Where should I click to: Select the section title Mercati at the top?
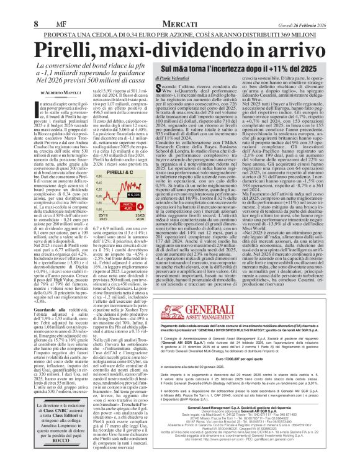click(x=179, y=24)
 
